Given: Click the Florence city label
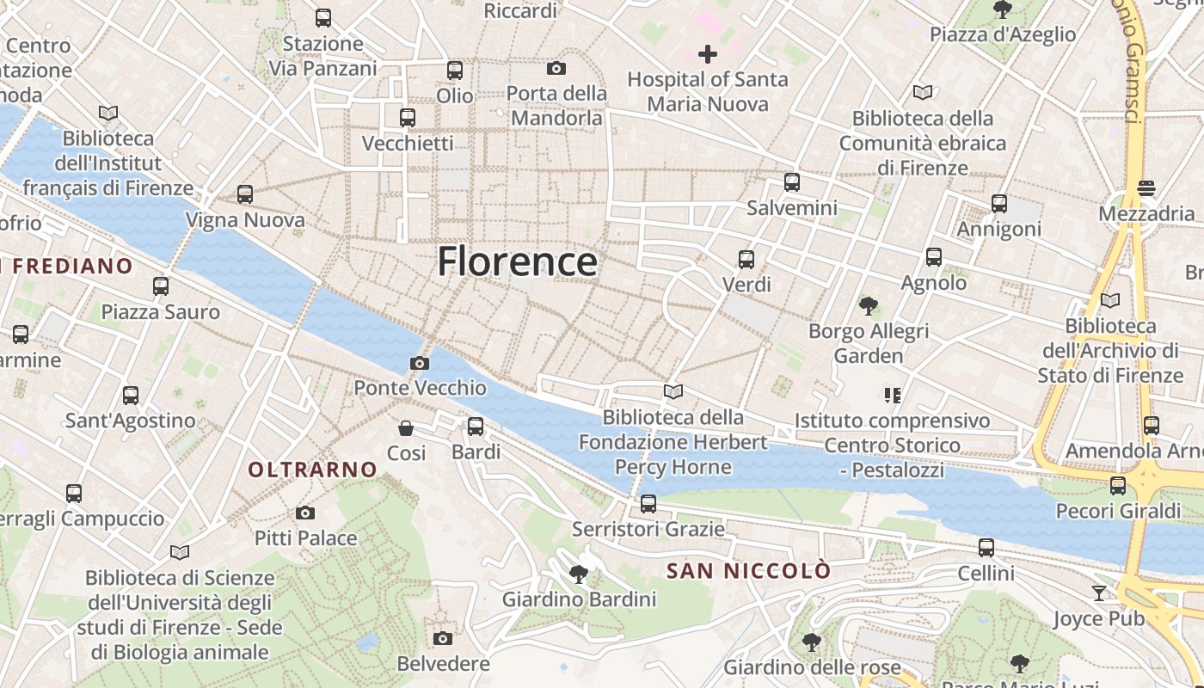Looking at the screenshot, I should tap(517, 261).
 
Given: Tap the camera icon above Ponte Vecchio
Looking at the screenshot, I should tap(420, 363).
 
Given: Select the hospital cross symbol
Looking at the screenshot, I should tap(707, 55).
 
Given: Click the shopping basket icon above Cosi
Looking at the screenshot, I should tap(405, 428).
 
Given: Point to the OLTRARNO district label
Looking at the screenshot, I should tap(312, 470).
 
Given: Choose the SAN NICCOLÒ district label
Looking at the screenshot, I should tap(749, 571).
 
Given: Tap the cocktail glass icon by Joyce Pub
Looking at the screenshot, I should tap(1099, 593).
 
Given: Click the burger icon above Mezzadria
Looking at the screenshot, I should tap(1146, 187).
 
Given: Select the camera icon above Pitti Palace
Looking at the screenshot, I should tap(304, 513).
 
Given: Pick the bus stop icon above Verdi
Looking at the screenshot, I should tap(746, 259).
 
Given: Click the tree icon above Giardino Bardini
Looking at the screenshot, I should tap(579, 574).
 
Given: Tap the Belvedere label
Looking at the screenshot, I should tap(443, 664).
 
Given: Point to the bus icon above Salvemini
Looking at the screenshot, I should tap(792, 182).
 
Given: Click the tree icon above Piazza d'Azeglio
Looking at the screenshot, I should tap(1002, 9).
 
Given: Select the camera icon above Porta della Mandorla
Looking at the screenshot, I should tap(556, 68).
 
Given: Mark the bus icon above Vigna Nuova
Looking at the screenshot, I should tap(245, 194).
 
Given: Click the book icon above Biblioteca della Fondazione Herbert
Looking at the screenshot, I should tap(673, 392).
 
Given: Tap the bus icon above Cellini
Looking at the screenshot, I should tap(986, 548).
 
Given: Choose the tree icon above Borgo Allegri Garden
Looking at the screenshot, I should tap(869, 305).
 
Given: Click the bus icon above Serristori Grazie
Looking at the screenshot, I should tap(648, 503).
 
